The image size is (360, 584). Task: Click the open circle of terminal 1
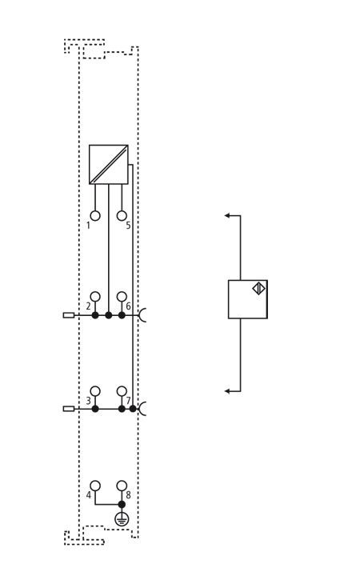click(x=95, y=216)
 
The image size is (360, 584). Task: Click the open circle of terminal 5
click(x=122, y=216)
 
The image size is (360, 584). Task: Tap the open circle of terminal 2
click(x=95, y=297)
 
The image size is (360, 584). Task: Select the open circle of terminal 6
click(x=122, y=297)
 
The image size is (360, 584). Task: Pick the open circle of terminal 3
click(x=95, y=391)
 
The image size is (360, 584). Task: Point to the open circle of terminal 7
click(x=122, y=391)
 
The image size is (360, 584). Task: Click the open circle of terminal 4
click(x=95, y=486)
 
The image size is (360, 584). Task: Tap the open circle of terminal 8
click(x=122, y=486)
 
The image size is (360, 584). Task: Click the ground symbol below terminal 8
click(x=122, y=519)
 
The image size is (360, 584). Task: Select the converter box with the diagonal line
click(x=108, y=164)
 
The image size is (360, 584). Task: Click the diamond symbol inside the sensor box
click(x=258, y=289)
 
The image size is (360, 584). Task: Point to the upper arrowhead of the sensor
click(x=227, y=215)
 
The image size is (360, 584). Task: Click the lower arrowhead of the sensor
click(x=227, y=391)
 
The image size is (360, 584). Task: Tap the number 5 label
click(x=128, y=226)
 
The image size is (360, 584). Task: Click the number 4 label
click(x=88, y=495)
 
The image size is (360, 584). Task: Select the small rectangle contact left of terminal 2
click(x=69, y=315)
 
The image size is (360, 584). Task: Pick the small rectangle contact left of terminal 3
click(x=69, y=409)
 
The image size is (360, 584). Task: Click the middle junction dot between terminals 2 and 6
click(x=108, y=315)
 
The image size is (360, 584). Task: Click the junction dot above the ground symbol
click(x=122, y=505)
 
